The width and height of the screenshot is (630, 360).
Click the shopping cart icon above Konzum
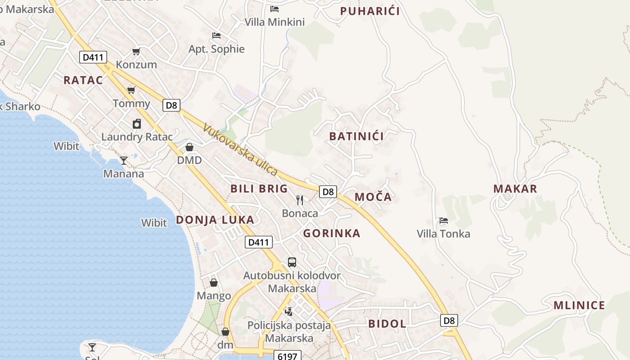tap(136, 51)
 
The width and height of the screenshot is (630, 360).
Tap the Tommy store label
tap(131, 103)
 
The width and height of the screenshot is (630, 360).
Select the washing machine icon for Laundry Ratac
tap(137, 123)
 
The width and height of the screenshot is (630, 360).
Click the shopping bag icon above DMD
tap(189, 147)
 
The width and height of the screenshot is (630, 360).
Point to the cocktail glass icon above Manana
tap(124, 160)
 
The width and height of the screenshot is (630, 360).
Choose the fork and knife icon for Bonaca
tap(300, 200)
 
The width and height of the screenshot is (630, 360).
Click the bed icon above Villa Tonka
tap(444, 220)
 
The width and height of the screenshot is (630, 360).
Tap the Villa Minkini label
tap(274, 22)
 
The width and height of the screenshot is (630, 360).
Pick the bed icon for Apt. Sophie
tap(216, 35)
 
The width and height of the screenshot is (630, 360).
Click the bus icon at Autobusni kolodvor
tap(292, 262)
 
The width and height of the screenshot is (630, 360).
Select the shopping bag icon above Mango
tap(214, 283)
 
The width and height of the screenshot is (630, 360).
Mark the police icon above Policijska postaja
tap(289, 311)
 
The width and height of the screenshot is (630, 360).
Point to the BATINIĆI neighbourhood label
tap(356, 136)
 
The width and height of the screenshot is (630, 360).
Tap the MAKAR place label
tap(515, 189)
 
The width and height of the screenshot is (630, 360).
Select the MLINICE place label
tap(579, 306)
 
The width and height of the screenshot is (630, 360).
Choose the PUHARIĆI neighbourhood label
tap(370, 11)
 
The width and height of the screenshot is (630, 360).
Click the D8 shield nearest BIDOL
tap(449, 320)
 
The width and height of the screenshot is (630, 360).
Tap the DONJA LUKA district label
tap(215, 220)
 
